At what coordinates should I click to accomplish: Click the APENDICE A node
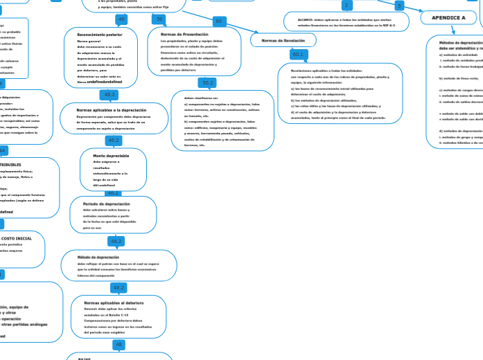pyautogui.click(x=448, y=17)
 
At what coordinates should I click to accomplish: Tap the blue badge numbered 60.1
pyautogui.click(x=298, y=54)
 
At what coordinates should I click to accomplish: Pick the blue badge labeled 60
pyautogui.click(x=219, y=21)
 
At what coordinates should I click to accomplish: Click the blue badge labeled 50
pyautogui.click(x=159, y=19)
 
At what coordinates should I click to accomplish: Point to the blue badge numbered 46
pyautogui.click(x=122, y=19)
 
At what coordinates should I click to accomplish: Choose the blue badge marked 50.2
pyautogui.click(x=207, y=82)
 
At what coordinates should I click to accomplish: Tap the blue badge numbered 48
pyautogui.click(x=118, y=344)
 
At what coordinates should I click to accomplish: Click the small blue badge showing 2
pyautogui.click(x=346, y=6)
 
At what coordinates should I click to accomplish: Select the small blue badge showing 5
pyautogui.click(x=399, y=6)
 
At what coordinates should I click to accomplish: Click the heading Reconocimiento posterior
pyautogui.click(x=100, y=34)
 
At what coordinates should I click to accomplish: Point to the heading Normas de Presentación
pyautogui.click(x=184, y=34)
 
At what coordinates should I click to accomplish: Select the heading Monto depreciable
pyautogui.click(x=111, y=156)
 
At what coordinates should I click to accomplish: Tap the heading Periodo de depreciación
pyautogui.click(x=106, y=204)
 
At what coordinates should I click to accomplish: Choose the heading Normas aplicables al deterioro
pyautogui.click(x=114, y=303)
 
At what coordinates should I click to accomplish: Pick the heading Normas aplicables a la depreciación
pyautogui.click(x=111, y=110)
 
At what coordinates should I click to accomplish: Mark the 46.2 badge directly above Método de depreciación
pyautogui.click(x=116, y=241)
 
